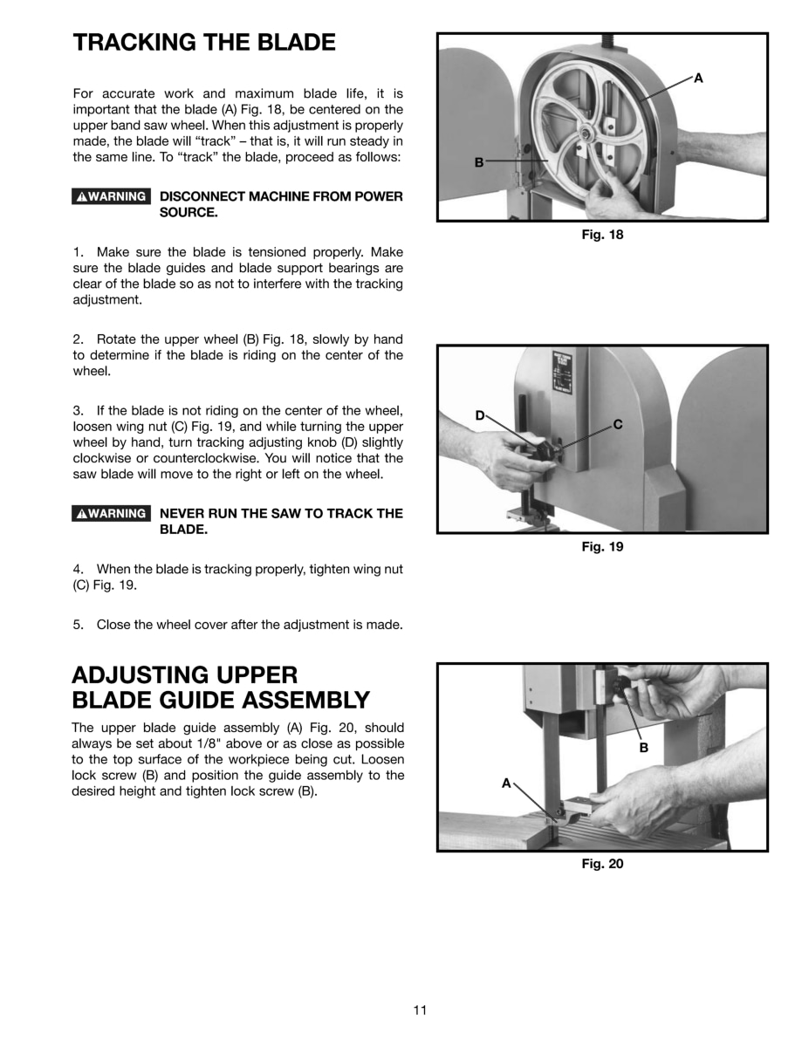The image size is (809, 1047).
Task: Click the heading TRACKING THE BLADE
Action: (204, 43)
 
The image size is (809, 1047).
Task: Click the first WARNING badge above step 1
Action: (111, 196)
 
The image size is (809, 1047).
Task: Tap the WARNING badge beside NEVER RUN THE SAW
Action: (111, 513)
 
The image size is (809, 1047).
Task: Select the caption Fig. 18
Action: (602, 234)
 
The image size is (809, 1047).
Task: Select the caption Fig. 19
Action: (602, 547)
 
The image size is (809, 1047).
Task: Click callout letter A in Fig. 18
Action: (698, 79)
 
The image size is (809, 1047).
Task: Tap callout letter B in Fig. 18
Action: (478, 162)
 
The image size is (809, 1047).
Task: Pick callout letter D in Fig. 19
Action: (479, 415)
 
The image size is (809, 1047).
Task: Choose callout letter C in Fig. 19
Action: (617, 425)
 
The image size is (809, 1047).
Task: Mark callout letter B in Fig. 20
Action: (644, 748)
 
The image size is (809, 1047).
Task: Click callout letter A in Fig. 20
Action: (505, 783)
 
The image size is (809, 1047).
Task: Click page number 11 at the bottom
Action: (420, 1010)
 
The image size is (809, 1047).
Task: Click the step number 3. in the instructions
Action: (78, 410)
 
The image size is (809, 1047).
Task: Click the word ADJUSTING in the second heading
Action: (144, 674)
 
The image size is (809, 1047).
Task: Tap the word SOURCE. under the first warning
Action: (189, 213)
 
